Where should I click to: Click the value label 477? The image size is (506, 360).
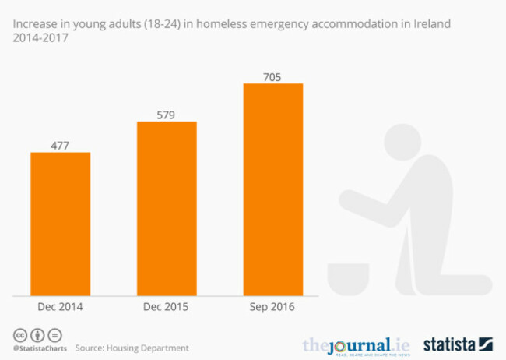(60, 144)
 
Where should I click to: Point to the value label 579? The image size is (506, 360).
(167, 114)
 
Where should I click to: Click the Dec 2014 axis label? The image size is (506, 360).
(60, 307)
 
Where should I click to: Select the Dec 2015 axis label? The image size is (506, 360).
(167, 307)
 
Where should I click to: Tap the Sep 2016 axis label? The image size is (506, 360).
(272, 307)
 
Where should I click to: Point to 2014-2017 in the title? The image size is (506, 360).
(34, 38)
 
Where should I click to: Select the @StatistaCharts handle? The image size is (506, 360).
(40, 347)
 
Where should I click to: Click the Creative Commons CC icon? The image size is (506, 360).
(17, 334)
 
